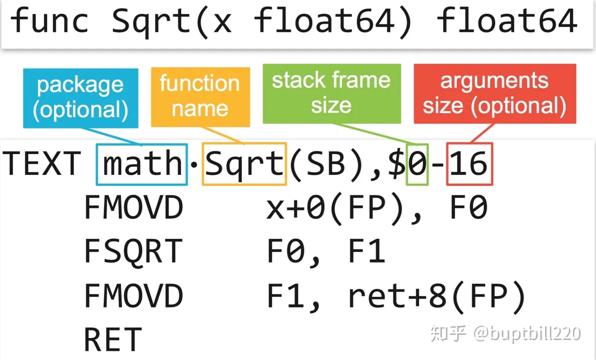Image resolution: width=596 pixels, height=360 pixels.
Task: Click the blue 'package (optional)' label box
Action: pyautogui.click(x=80, y=98)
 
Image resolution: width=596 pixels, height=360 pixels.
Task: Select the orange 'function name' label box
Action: pyautogui.click(x=200, y=97)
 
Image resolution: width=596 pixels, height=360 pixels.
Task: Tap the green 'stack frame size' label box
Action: pyautogui.click(x=332, y=94)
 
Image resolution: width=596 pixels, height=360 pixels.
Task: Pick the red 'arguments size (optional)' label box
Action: pyautogui.click(x=495, y=94)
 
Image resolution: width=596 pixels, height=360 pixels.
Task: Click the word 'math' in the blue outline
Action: pyautogui.click(x=143, y=163)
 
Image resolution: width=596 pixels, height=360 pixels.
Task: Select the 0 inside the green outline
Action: pyautogui.click(x=417, y=163)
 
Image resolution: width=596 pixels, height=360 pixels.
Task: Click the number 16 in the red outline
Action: pyautogui.click(x=469, y=163)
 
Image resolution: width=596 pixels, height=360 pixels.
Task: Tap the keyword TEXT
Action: pyautogui.click(x=42, y=163)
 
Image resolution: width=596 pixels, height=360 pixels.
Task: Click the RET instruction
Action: pyautogui.click(x=113, y=339)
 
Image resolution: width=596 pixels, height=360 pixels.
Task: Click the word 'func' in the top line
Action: pyautogui.click(x=49, y=20)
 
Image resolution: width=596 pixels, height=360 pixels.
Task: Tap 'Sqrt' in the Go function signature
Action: pyautogui.click(x=151, y=22)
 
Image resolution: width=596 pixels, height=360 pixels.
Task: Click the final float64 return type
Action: pyautogui.click(x=507, y=20)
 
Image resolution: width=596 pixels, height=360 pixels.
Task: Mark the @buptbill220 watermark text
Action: pyautogui.click(x=527, y=333)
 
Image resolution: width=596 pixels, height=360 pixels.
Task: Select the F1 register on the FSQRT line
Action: pyautogui.click(x=367, y=251)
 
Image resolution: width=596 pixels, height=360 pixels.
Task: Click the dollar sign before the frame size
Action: pyautogui.click(x=397, y=163)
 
